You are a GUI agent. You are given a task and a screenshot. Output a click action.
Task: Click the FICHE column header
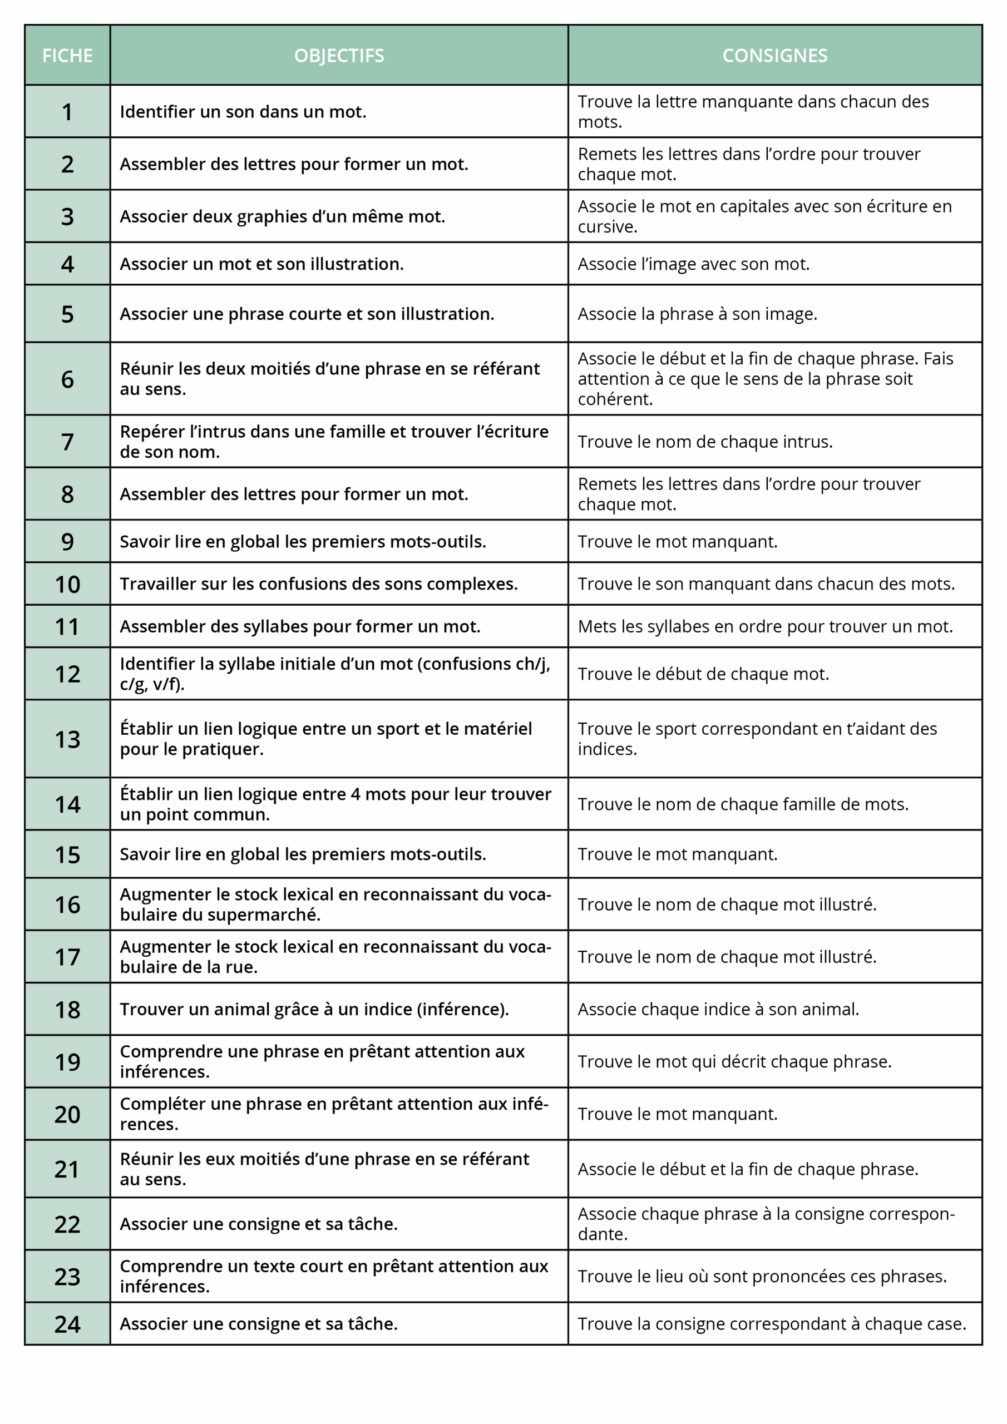pos(67,56)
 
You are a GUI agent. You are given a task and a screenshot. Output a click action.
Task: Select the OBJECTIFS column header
pos(339,56)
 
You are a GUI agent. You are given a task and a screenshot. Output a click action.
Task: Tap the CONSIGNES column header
pos(774,56)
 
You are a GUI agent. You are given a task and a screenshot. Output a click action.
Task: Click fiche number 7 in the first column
pos(67,442)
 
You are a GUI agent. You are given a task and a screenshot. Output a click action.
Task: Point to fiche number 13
pos(67,739)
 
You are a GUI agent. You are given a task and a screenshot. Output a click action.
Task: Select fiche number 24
pos(67,1324)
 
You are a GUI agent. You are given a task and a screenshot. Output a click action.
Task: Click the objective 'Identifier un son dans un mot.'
pos(243,112)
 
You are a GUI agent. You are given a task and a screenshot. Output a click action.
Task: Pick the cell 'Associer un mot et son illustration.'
pos(261,264)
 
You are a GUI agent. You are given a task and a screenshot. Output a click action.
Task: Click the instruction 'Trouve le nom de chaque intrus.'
pos(705,442)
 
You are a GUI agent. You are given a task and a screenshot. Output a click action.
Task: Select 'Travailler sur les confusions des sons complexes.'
pos(318,584)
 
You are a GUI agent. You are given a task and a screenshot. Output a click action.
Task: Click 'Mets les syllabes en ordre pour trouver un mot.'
pos(764,626)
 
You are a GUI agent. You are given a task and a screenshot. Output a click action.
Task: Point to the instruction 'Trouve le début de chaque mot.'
pos(703,674)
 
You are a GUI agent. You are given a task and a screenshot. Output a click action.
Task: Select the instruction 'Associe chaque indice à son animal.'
pos(718,1009)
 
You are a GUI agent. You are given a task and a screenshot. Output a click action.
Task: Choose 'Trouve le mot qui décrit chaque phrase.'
pos(734,1061)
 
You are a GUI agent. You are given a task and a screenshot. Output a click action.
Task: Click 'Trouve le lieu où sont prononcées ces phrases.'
pos(762,1276)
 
